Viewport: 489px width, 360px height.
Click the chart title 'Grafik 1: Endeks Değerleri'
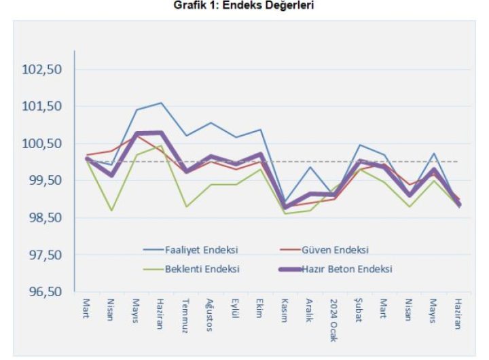pyautogui.click(x=244, y=6)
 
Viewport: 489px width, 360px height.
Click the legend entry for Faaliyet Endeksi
pyautogui.click(x=202, y=249)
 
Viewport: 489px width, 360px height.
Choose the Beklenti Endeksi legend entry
pyautogui.click(x=202, y=268)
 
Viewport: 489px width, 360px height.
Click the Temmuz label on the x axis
pyautogui.click(x=185, y=314)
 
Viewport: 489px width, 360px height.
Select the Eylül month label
pyautogui.click(x=235, y=310)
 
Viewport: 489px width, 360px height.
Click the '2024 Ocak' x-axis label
pyautogui.click(x=333, y=319)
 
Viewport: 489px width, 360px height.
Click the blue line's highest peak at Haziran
pyautogui.click(x=161, y=103)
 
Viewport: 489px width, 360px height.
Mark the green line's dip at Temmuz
pyautogui.click(x=186, y=206)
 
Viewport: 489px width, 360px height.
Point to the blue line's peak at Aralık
pyautogui.click(x=310, y=167)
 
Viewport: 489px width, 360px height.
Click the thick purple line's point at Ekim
pyautogui.click(x=260, y=155)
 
